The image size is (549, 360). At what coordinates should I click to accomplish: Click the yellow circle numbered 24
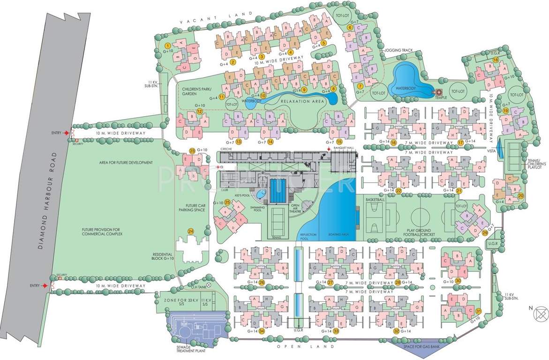click(190, 231)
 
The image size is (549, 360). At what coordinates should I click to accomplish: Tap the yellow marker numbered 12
click(199, 112)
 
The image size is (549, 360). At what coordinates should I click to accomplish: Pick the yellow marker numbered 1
click(167, 45)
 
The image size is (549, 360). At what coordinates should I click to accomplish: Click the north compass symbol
click(540, 311)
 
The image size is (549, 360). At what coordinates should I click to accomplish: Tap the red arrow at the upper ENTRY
click(67, 133)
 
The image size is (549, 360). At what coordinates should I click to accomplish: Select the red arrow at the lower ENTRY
click(45, 285)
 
